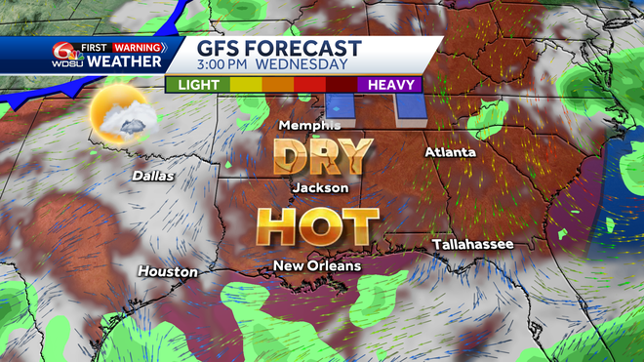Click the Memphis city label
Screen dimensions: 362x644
click(x=309, y=125)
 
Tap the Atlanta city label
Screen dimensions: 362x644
click(x=450, y=153)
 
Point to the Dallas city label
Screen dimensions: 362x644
click(x=153, y=176)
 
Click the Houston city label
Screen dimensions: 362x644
click(x=167, y=271)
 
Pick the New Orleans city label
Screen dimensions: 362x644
click(x=316, y=265)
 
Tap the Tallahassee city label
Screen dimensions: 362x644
click(x=472, y=244)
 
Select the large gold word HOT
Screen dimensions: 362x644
click(x=317, y=226)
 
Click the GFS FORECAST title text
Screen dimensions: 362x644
click(x=279, y=49)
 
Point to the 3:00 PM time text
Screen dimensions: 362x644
click(x=228, y=65)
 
